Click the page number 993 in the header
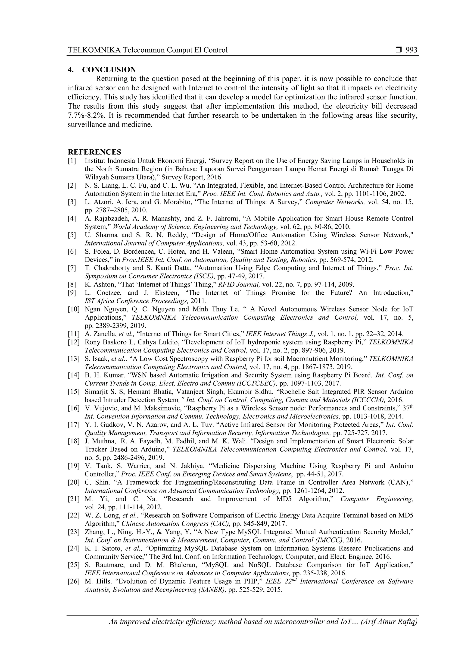click(411, 50)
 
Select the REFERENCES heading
click(94, 152)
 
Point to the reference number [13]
click(73, 359)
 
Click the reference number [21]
click(73, 499)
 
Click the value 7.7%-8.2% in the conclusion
click(86, 115)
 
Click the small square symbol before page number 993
click(399, 50)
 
